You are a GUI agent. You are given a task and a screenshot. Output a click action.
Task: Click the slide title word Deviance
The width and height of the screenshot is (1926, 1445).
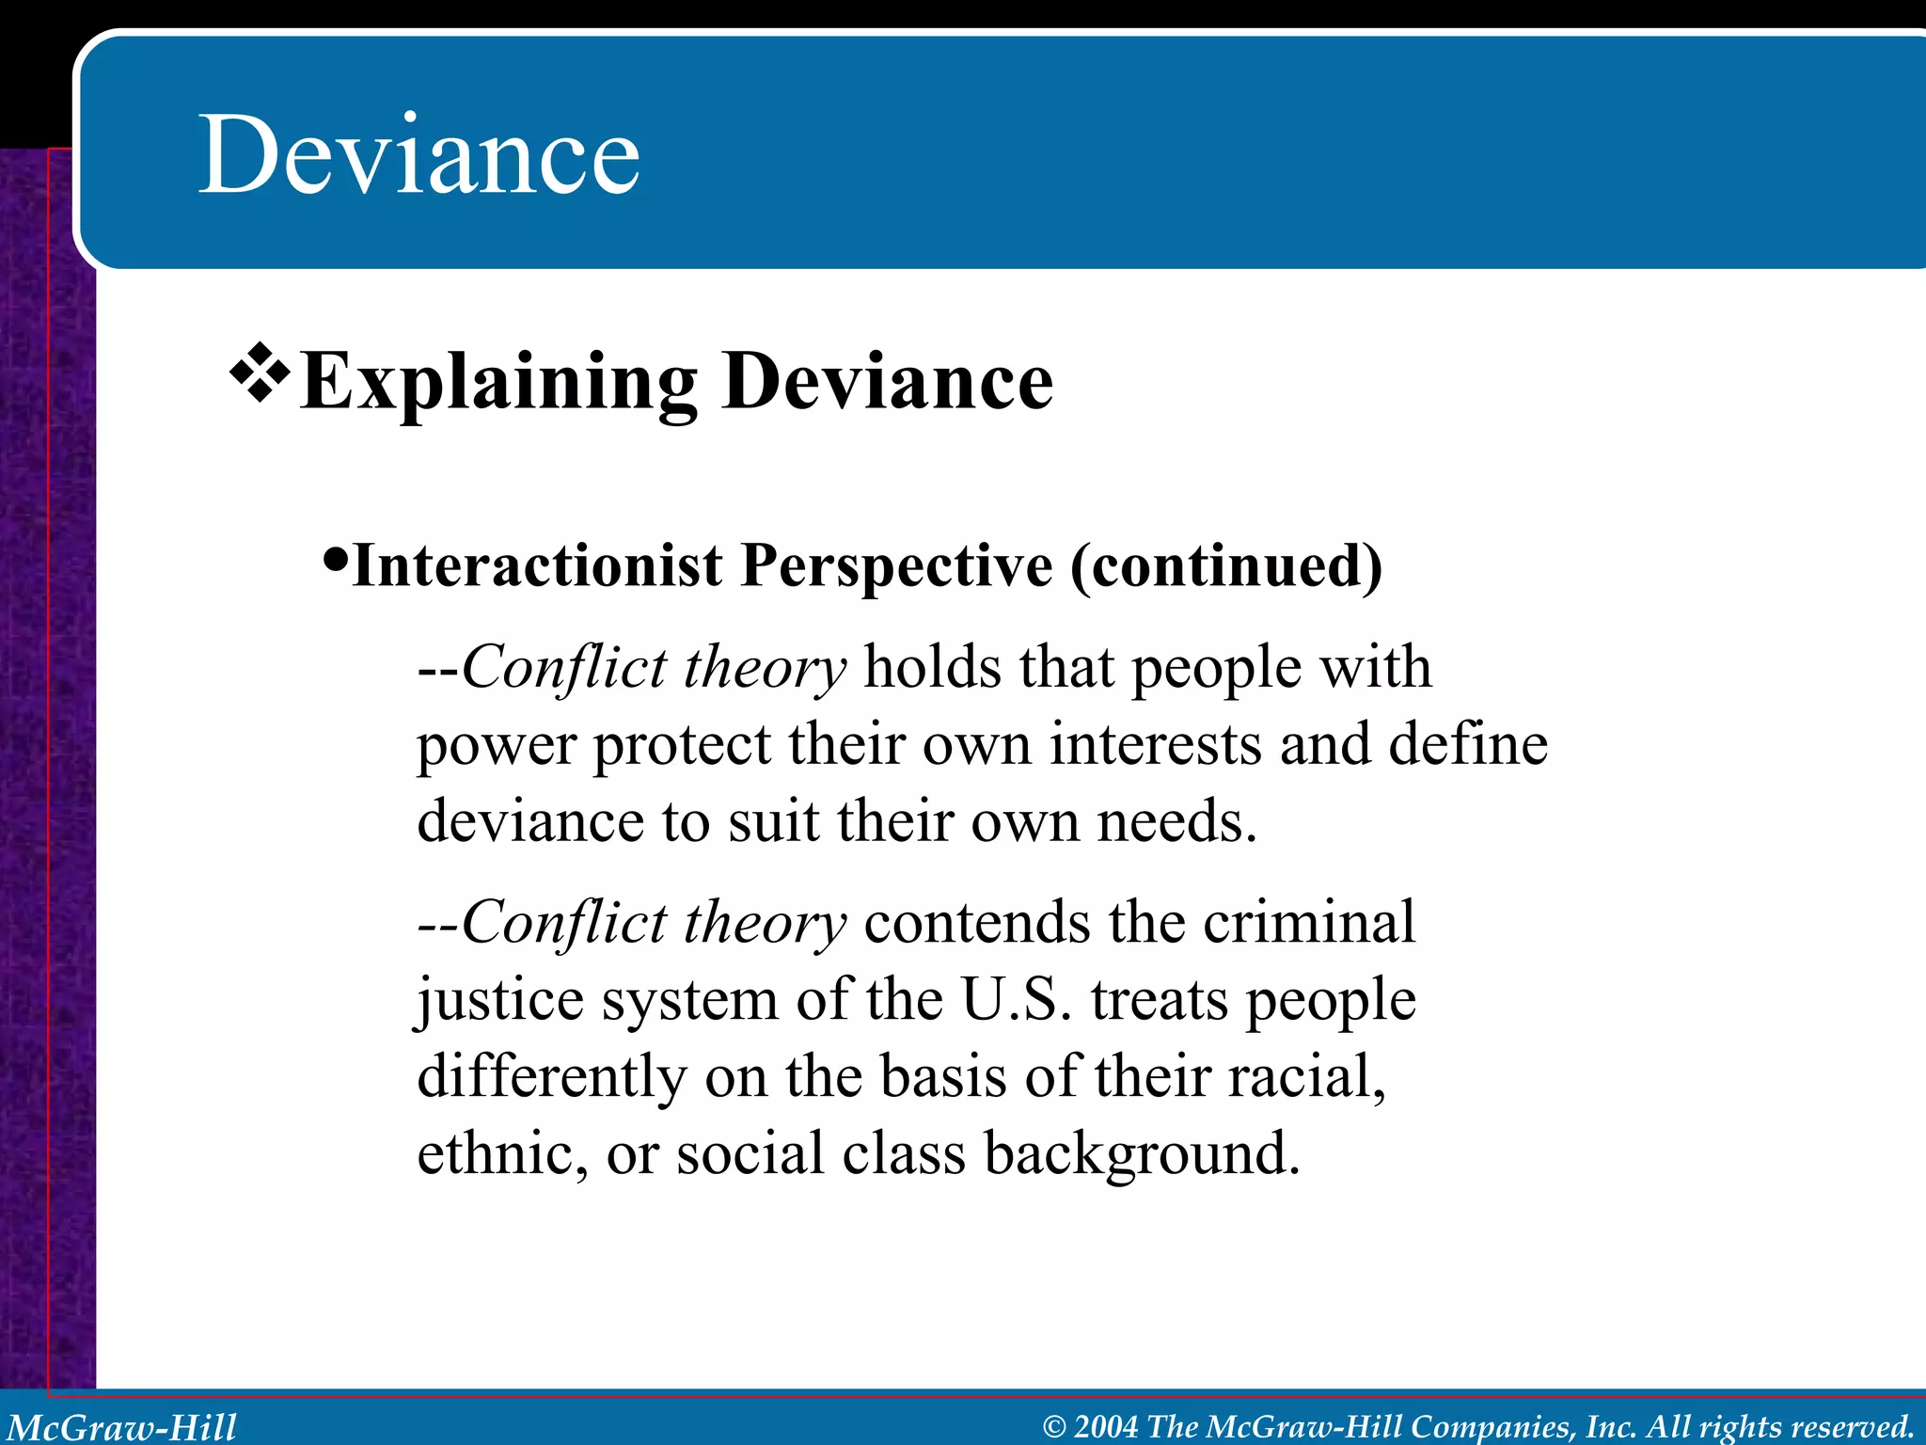coord(418,154)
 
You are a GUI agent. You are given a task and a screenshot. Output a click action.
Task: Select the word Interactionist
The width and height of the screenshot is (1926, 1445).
coord(537,566)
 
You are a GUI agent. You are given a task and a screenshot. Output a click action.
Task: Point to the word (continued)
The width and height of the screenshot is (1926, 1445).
coord(1226,566)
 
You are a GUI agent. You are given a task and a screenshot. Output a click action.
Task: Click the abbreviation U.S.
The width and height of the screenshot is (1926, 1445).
coord(1017,999)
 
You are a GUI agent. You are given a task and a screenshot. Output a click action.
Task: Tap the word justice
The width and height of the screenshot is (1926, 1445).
coord(499,1001)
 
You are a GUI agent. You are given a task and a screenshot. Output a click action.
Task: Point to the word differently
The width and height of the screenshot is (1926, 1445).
coord(552,1077)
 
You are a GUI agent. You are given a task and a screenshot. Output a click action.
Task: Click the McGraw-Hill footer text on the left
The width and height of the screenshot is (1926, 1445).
coord(122,1426)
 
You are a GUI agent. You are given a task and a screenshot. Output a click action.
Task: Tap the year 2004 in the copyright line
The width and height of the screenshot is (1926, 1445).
coord(1106,1426)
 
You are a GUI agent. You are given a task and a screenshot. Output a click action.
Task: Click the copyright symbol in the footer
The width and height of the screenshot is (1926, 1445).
coord(1055,1427)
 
